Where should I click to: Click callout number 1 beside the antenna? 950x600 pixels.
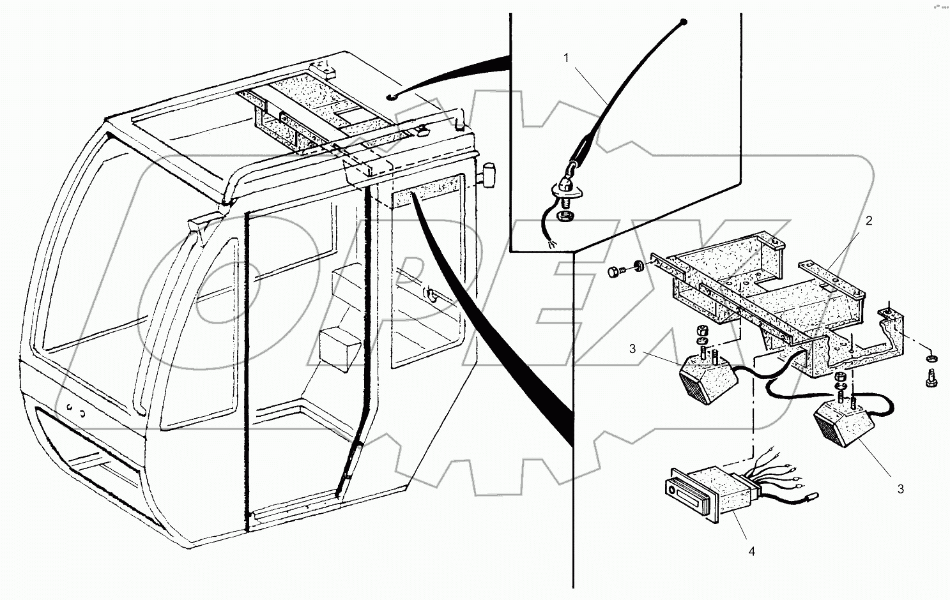(x=565, y=58)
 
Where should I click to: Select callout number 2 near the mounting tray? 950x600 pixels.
(x=868, y=221)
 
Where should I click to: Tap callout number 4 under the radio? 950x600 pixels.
(x=751, y=551)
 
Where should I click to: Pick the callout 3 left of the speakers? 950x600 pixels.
(x=632, y=349)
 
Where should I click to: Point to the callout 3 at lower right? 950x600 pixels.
(x=901, y=489)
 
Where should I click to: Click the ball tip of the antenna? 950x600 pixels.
(x=684, y=22)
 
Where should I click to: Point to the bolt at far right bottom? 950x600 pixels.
(x=930, y=379)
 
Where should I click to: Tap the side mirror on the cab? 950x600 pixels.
(x=490, y=174)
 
